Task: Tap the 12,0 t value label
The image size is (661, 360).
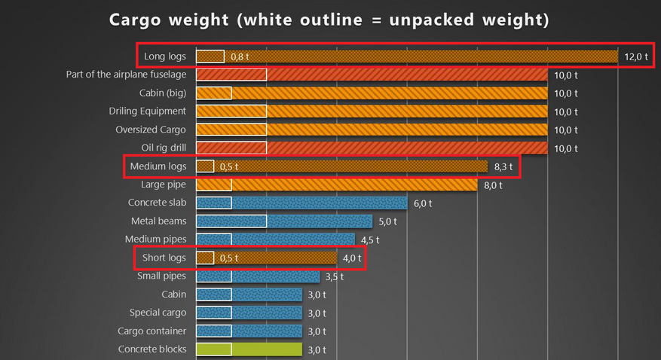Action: (x=636, y=56)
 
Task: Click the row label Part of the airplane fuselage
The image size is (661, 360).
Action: (x=126, y=75)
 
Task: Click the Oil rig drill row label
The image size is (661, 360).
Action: (x=164, y=148)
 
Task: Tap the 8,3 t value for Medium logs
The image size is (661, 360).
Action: (x=503, y=166)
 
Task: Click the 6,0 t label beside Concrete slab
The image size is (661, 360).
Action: (x=421, y=203)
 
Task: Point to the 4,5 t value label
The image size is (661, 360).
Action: (x=368, y=239)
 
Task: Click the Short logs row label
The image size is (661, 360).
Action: (x=164, y=258)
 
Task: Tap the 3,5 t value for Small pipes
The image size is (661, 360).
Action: (x=333, y=276)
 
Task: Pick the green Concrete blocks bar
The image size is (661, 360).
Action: (x=249, y=349)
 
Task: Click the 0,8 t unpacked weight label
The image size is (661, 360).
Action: (x=240, y=56)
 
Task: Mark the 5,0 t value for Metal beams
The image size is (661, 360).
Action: (x=386, y=221)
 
